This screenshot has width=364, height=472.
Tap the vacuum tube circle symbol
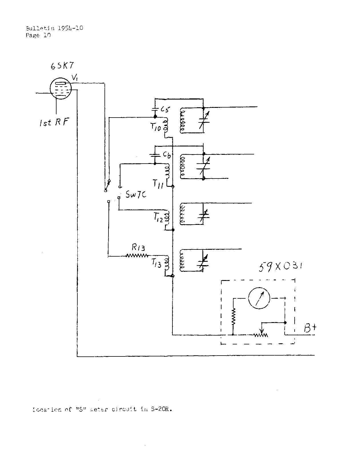click(x=60, y=89)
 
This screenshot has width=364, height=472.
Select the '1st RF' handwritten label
click(x=54, y=122)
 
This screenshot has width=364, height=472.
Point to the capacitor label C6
click(x=167, y=155)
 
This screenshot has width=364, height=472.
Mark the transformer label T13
click(x=156, y=263)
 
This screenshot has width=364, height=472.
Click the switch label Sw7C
click(x=136, y=195)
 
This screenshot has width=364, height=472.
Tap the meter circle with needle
click(x=259, y=298)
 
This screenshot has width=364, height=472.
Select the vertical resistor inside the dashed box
click(x=233, y=317)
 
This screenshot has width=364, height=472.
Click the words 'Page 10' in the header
click(x=38, y=35)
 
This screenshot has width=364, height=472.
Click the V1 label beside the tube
click(x=75, y=77)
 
